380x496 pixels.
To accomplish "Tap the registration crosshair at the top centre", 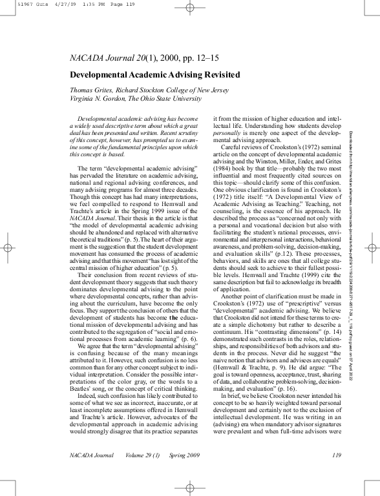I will (190, 8).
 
